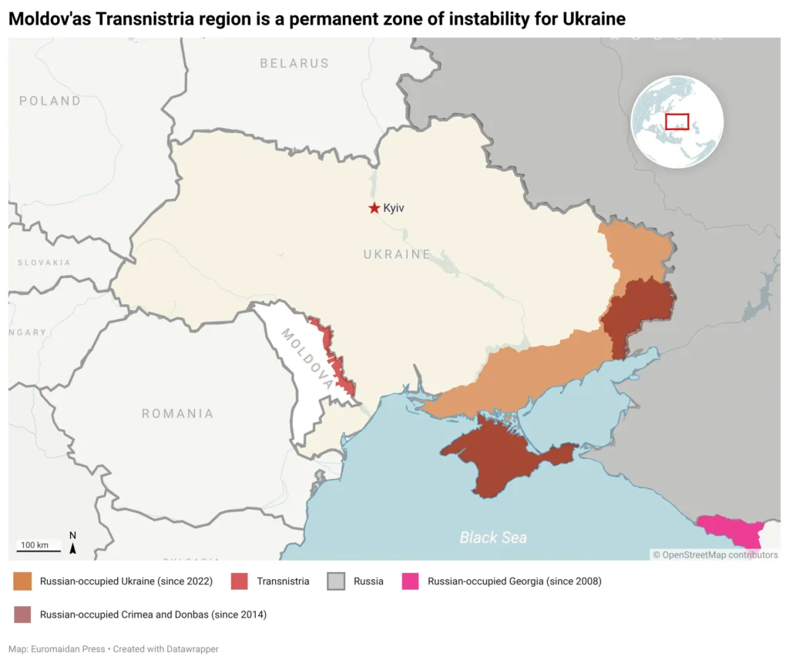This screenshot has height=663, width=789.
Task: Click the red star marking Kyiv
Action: tap(374, 208)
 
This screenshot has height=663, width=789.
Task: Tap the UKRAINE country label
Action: tap(397, 254)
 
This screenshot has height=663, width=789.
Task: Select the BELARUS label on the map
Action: tap(294, 63)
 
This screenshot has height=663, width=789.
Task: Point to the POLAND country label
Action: tap(50, 101)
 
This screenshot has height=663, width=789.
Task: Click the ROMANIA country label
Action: tap(177, 414)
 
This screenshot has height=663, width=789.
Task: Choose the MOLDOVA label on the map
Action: tap(307, 358)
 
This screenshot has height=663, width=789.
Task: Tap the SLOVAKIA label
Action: tap(44, 263)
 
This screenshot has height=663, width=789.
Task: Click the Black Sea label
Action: tap(493, 537)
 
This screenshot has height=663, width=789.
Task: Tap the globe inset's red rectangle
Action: tap(677, 122)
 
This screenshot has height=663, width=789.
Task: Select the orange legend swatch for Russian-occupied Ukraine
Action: tap(23, 581)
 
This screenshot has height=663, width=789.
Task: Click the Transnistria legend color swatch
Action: tap(240, 581)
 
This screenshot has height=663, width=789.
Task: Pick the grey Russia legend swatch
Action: tap(336, 581)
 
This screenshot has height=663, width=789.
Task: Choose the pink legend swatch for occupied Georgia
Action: tap(411, 581)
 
